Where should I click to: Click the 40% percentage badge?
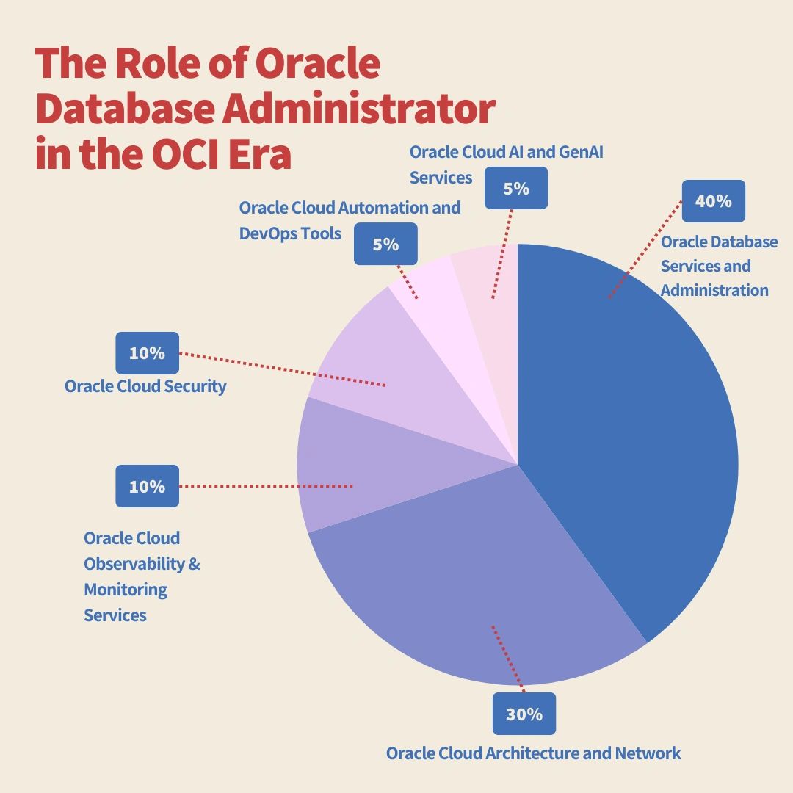pyautogui.click(x=713, y=201)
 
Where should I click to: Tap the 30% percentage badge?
pyautogui.click(x=524, y=714)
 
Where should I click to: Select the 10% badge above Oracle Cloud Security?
pyautogui.click(x=147, y=353)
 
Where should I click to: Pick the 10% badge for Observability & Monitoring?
pyautogui.click(x=147, y=486)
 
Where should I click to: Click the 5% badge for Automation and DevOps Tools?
pyautogui.click(x=385, y=244)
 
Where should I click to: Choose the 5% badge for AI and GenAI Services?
pyautogui.click(x=516, y=188)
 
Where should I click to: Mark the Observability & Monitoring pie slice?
pyautogui.click(x=345, y=463)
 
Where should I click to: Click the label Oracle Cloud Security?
pyautogui.click(x=145, y=386)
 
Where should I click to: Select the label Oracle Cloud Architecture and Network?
pyautogui.click(x=533, y=753)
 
